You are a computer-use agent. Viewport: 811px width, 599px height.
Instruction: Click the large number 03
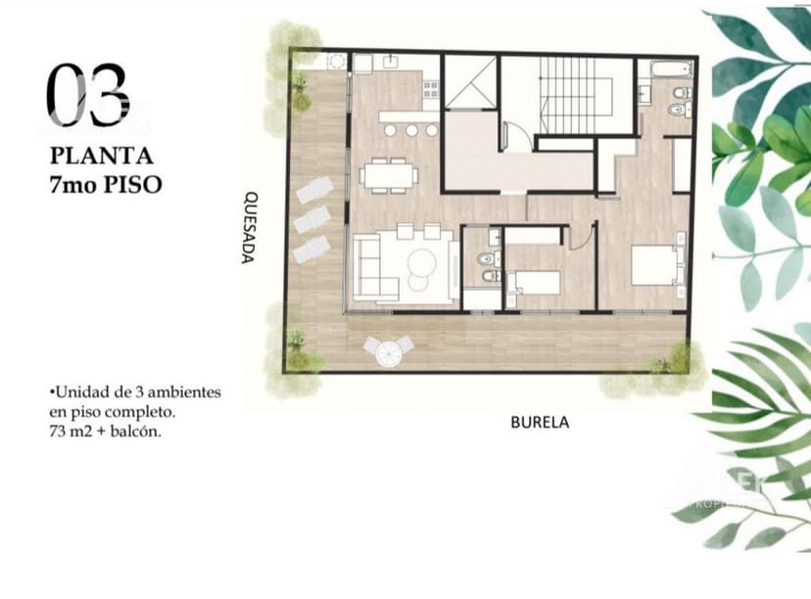pyautogui.click(x=87, y=96)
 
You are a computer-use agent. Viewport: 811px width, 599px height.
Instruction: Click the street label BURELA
pyautogui.click(x=539, y=423)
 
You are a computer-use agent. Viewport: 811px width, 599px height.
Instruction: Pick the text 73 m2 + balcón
pyautogui.click(x=104, y=431)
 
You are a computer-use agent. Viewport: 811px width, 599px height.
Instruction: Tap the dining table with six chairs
pyautogui.click(x=388, y=175)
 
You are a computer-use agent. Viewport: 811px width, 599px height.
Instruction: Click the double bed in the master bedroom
pyautogui.click(x=654, y=264)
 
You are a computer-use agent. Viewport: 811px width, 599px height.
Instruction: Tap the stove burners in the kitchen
pyautogui.click(x=431, y=90)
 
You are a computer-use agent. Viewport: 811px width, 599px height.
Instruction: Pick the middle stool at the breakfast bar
pyautogui.click(x=411, y=129)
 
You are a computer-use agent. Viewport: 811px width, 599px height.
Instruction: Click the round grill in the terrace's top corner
pyautogui.click(x=336, y=62)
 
